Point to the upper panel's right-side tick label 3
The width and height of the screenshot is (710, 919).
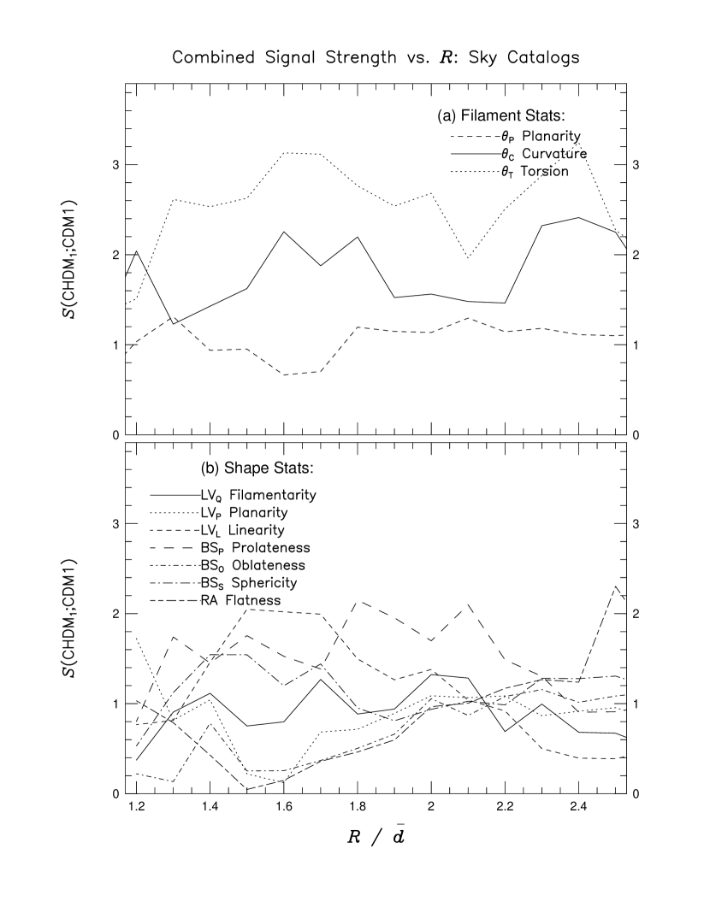tap(634, 165)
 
